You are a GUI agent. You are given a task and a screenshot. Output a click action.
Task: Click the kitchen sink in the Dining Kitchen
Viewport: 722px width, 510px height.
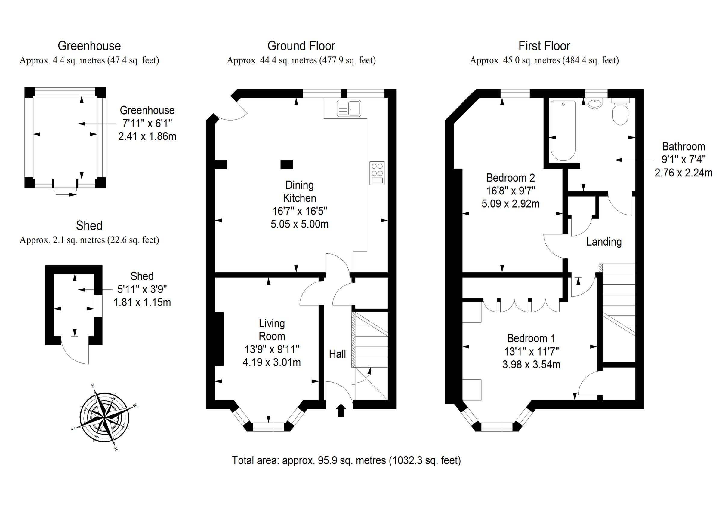(348, 108)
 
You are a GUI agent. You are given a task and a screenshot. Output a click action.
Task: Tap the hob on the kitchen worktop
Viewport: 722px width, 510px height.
(377, 173)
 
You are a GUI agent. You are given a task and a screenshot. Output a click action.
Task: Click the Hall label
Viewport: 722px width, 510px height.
(337, 354)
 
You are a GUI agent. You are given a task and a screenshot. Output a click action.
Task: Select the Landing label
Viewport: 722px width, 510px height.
(604, 242)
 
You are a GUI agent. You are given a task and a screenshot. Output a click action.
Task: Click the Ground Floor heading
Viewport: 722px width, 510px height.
(301, 46)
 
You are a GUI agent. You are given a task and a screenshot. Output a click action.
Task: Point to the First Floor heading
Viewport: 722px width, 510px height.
(544, 46)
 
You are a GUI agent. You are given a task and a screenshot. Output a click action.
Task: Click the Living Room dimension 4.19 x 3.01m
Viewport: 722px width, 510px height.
(272, 362)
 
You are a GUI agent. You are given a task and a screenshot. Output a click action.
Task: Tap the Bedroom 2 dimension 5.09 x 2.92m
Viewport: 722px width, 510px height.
(511, 204)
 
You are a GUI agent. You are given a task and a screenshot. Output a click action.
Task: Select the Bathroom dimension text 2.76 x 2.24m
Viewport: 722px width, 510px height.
(683, 173)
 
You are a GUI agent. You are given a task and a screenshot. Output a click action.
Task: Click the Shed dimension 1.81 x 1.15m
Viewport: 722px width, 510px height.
(142, 302)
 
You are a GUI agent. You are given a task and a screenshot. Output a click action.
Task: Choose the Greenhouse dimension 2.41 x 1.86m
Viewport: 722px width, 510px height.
(147, 136)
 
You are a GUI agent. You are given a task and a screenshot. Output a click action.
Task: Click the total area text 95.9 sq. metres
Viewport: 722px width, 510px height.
(346, 460)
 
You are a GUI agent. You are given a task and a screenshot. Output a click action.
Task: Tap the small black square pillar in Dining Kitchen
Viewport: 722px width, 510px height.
(286, 164)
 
